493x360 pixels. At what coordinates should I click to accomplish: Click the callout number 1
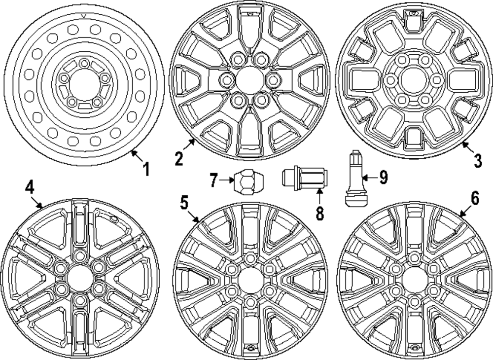145,170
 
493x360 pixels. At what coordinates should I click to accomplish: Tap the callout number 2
179,158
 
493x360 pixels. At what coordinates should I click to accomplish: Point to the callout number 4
30,187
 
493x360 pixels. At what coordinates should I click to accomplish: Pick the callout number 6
474,198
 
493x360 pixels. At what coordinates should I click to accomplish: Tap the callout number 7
213,181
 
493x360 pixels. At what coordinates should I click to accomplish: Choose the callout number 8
319,213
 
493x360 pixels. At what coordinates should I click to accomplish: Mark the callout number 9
383,177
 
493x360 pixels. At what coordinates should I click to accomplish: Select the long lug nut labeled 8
304,177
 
